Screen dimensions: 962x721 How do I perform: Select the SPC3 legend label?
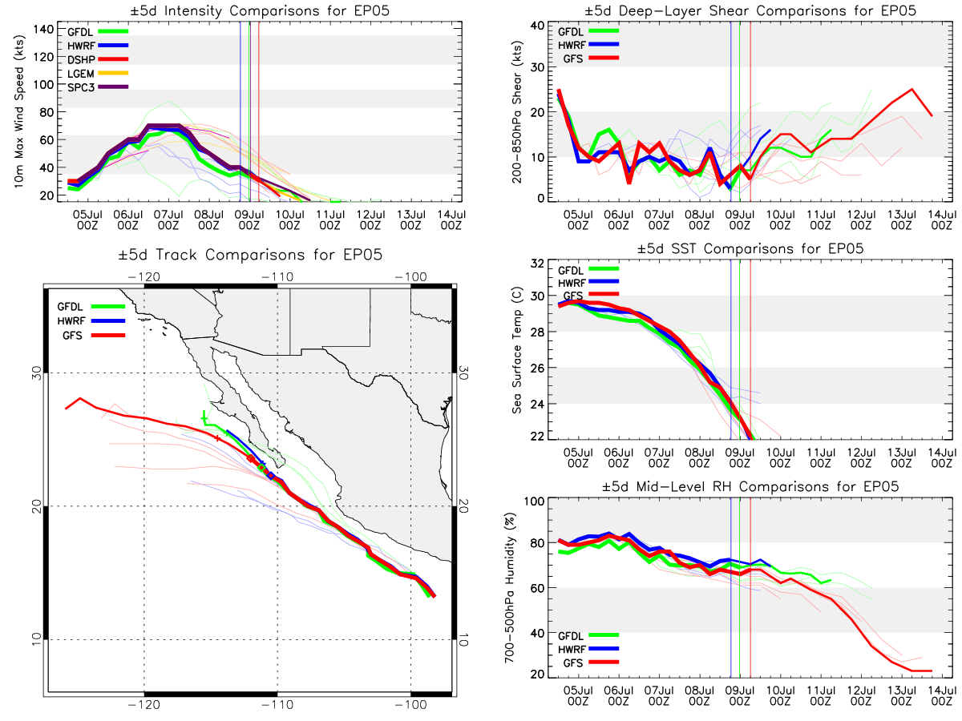coord(81,87)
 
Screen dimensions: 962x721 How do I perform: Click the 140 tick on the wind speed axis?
coord(44,30)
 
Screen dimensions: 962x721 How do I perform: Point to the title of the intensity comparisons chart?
coord(260,10)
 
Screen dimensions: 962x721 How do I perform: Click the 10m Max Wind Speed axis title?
coord(19,112)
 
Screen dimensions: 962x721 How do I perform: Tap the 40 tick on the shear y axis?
coord(537,25)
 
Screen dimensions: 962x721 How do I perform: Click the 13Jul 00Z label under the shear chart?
coord(902,220)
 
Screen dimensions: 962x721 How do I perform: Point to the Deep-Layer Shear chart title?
coord(750,10)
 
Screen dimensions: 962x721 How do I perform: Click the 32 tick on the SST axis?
coord(537,263)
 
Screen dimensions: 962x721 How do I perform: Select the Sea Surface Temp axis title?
coord(517,350)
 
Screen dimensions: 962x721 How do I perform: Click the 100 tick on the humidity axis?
coord(534,501)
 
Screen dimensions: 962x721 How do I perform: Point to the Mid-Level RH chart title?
coord(750,487)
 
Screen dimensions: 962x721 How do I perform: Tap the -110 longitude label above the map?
coord(277,277)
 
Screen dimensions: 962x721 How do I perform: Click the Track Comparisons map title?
coord(250,255)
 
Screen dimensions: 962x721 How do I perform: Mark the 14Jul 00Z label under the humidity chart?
coord(942,696)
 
